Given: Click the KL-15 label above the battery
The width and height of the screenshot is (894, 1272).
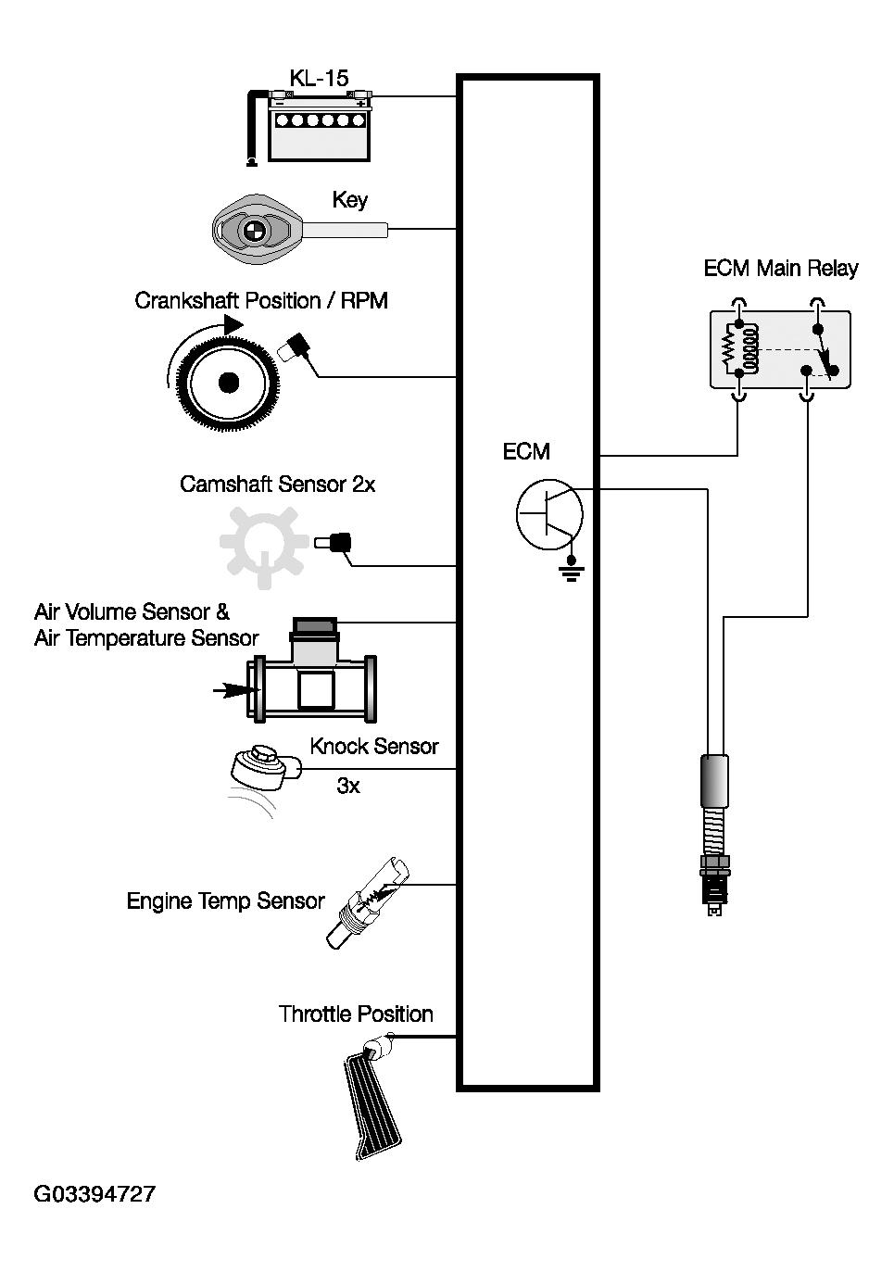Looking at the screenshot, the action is pyautogui.click(x=319, y=79).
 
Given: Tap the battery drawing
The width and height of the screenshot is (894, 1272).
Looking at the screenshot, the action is pyautogui.click(x=320, y=126).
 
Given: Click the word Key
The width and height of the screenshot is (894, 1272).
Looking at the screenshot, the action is pyautogui.click(x=350, y=200).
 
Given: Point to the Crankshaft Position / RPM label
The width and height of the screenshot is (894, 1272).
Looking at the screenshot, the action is pyautogui.click(x=261, y=300).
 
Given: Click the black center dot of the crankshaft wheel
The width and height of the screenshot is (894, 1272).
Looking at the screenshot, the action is pyautogui.click(x=228, y=383).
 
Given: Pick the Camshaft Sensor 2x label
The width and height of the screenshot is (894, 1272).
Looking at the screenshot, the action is pyautogui.click(x=277, y=484).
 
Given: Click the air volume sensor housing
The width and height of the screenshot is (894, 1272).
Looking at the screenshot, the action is pyautogui.click(x=312, y=671).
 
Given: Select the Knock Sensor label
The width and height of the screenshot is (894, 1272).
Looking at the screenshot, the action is pyautogui.click(x=374, y=746).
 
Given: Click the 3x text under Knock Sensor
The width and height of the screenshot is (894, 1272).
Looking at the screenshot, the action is pyautogui.click(x=348, y=786).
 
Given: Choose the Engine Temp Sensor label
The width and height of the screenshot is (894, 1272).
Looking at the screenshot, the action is pyautogui.click(x=225, y=900).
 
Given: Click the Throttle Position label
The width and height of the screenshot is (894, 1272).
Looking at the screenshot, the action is pyautogui.click(x=356, y=1014).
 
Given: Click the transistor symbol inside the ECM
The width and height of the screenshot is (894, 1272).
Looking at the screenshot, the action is pyautogui.click(x=549, y=514).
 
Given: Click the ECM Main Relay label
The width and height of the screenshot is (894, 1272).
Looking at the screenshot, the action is pyautogui.click(x=781, y=268).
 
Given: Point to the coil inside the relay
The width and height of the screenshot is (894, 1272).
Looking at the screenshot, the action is pyautogui.click(x=751, y=348).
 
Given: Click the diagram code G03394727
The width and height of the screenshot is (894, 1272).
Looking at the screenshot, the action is pyautogui.click(x=94, y=1194).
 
